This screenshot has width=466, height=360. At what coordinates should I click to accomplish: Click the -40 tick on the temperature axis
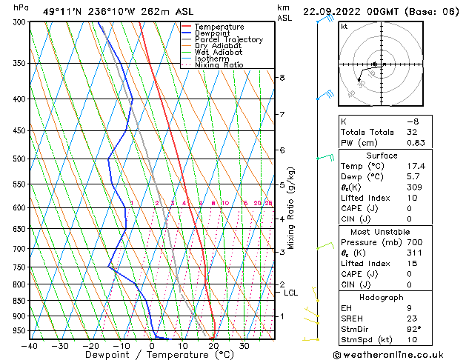click(30, 346)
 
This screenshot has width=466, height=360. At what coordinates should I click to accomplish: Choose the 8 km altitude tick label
click(282, 78)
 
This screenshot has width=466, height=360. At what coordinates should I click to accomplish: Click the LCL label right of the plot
click(291, 293)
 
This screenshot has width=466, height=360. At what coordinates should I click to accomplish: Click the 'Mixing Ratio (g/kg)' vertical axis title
click(291, 208)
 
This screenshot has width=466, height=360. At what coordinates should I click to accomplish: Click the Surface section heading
click(382, 156)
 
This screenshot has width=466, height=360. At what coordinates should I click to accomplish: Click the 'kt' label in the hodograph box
click(344, 26)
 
